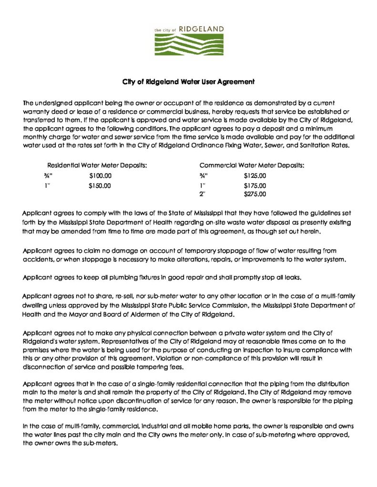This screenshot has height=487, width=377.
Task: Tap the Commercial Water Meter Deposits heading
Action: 252,165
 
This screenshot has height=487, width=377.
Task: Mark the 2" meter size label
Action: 202,194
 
